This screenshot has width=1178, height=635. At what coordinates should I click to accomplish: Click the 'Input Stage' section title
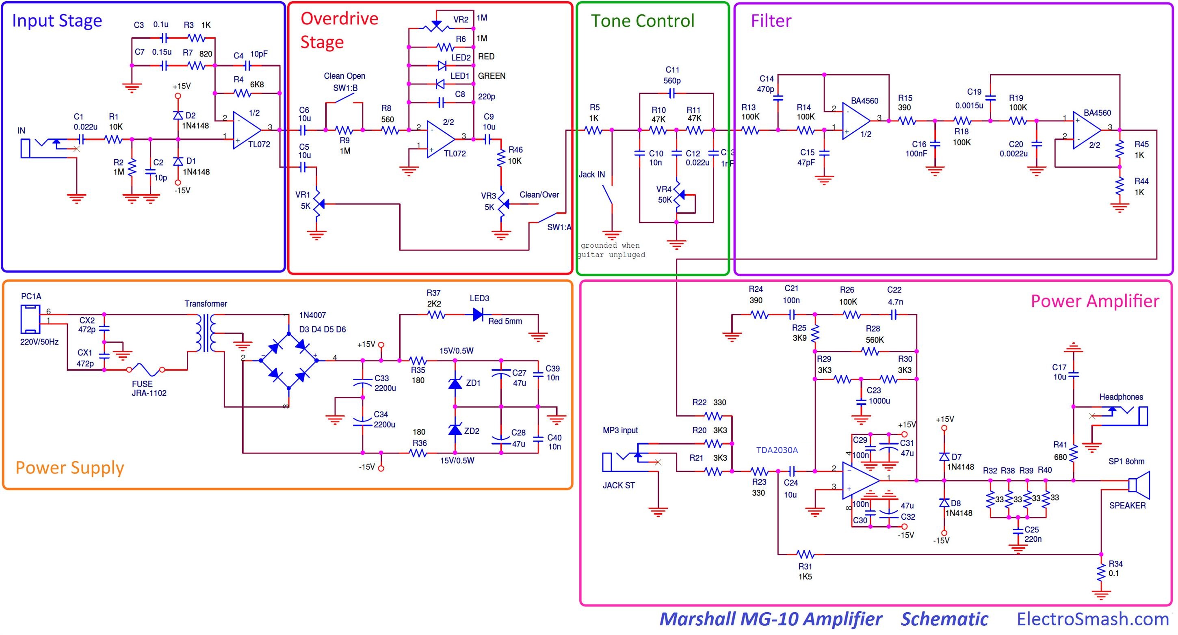click(57, 21)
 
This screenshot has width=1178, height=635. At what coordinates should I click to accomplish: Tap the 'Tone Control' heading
click(642, 21)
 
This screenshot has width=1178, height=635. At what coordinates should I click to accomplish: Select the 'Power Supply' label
click(69, 468)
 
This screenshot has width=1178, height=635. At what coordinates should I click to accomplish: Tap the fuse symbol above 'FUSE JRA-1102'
click(145, 369)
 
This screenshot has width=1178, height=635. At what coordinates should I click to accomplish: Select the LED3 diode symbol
click(478, 315)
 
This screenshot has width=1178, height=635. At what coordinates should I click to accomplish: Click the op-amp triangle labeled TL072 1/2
click(247, 130)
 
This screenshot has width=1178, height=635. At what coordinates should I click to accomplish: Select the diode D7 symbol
click(944, 456)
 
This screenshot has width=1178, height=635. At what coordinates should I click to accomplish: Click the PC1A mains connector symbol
click(30, 319)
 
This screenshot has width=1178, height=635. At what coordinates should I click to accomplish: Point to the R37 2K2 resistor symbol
click(436, 315)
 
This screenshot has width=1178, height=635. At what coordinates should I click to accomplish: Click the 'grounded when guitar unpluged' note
click(611, 250)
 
